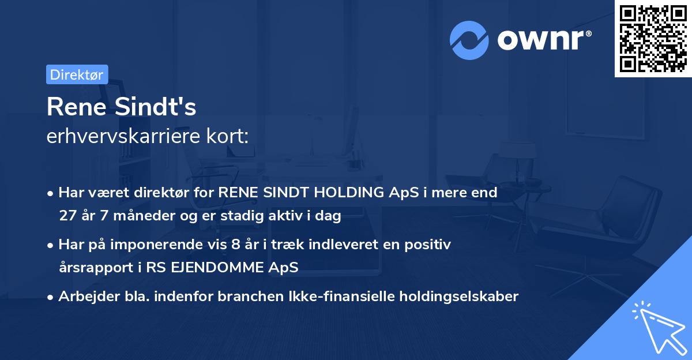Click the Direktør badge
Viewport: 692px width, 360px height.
[77, 74]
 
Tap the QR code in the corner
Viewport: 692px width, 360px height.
[653, 39]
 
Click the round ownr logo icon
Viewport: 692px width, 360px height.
[469, 40]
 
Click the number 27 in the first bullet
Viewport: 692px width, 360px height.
[67, 216]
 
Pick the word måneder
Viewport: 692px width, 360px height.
[138, 216]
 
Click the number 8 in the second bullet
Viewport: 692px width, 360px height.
[235, 245]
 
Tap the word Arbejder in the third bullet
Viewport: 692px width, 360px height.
[84, 297]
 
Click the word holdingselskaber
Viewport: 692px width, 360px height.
[459, 297]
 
